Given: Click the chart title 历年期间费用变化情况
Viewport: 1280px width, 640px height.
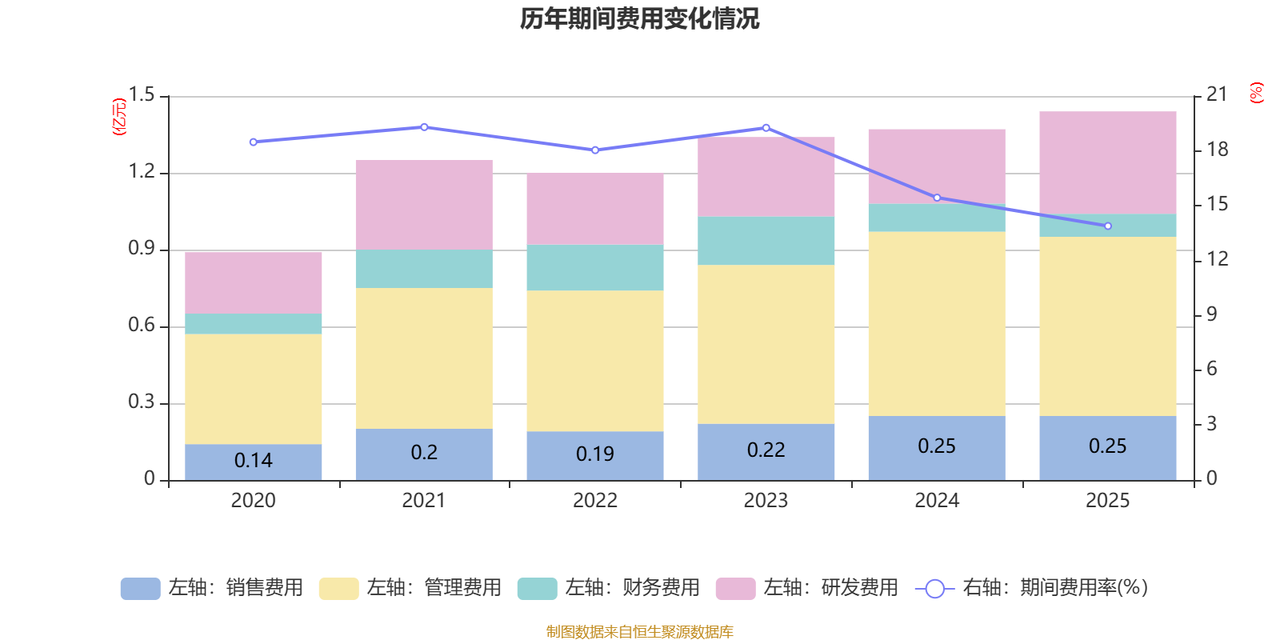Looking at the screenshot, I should pyautogui.click(x=639, y=18).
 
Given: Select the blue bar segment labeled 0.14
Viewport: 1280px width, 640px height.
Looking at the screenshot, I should pyautogui.click(x=253, y=462).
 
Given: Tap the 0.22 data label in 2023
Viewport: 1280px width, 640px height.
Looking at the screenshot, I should pyautogui.click(x=766, y=450).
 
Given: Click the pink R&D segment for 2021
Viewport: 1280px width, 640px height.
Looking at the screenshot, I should pyautogui.click(x=424, y=205).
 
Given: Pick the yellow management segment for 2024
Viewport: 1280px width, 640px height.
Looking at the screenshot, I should pyautogui.click(x=937, y=324).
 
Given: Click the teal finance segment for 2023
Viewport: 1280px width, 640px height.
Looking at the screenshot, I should pyautogui.click(x=766, y=241).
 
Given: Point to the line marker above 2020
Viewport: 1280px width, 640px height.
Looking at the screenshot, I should pyautogui.click(x=253, y=142).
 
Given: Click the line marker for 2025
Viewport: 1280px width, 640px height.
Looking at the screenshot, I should pyautogui.click(x=1108, y=226).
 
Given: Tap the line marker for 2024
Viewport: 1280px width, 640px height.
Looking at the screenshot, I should pyautogui.click(x=937, y=198).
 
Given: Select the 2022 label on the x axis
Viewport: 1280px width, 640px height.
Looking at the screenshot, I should pyautogui.click(x=594, y=501).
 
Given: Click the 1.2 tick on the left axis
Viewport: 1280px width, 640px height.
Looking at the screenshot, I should pyautogui.click(x=142, y=172).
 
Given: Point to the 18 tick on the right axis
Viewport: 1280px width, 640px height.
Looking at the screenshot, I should pyautogui.click(x=1218, y=150).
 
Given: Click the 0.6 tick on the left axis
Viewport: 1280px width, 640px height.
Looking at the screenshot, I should pyautogui.click(x=142, y=326).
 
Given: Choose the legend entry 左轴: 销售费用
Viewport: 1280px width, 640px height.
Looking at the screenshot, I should pyautogui.click(x=213, y=588).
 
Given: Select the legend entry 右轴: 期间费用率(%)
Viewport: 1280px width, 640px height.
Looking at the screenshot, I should pyautogui.click(x=1032, y=588).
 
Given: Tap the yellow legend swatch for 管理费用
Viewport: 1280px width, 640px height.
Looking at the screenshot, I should pyautogui.click(x=338, y=589).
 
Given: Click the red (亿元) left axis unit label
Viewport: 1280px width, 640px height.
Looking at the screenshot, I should pyautogui.click(x=119, y=117).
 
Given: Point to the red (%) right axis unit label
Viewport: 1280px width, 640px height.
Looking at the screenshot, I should pyautogui.click(x=1256, y=93).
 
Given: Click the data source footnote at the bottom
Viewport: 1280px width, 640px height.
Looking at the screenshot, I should pyautogui.click(x=639, y=632).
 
